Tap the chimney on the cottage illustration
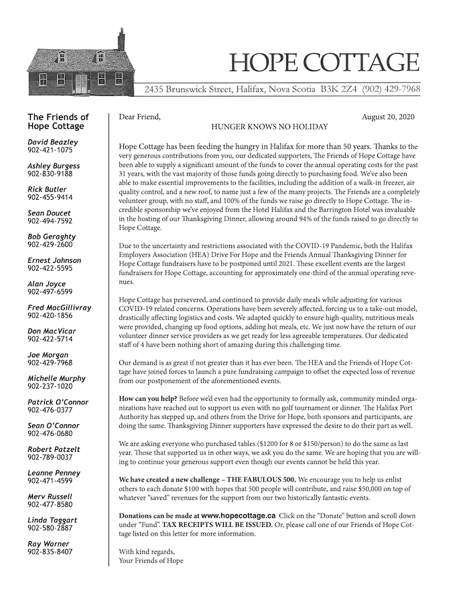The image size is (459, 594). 121,39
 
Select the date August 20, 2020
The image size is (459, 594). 388,117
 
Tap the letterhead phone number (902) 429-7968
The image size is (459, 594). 391,88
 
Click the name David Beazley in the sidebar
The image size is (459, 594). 53,142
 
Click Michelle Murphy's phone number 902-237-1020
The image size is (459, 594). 50,386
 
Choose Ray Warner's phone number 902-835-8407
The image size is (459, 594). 50,552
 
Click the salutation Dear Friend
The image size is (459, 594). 139,117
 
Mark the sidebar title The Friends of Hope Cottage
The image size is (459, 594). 58,121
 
